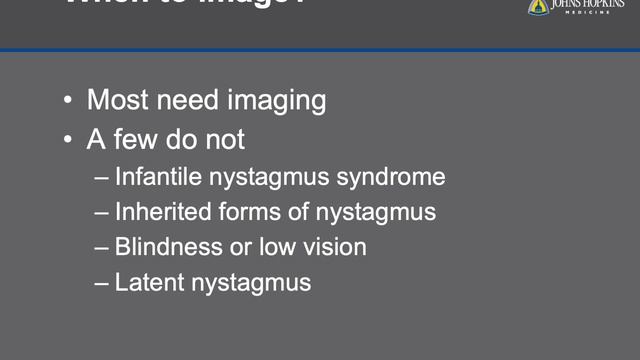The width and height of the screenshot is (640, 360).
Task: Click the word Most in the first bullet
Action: point(115,100)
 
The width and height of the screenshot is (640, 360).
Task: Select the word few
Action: point(144,139)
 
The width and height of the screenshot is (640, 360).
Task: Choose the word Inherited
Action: point(162,212)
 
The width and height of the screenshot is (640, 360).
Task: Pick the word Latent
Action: point(146,282)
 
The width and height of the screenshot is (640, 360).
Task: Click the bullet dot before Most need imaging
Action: point(67,101)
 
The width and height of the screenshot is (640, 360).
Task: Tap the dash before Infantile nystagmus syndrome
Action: point(102,179)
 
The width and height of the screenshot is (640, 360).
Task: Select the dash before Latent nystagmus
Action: point(102,283)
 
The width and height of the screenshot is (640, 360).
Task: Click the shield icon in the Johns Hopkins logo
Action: point(538,6)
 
